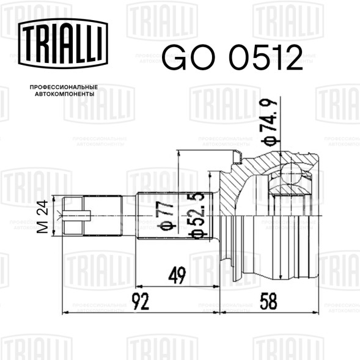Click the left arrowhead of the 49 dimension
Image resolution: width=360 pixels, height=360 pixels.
tap(137, 285)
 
